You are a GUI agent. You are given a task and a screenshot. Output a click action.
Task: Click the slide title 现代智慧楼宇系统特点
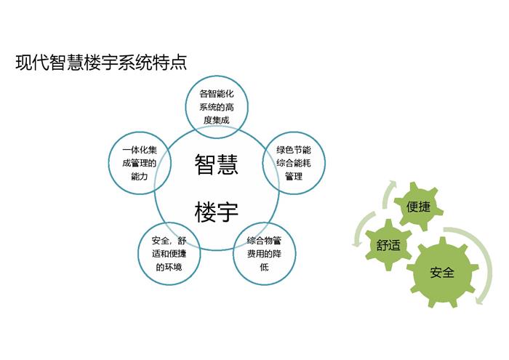pos(101,63)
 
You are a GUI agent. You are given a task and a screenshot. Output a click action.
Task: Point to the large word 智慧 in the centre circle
pos(217,164)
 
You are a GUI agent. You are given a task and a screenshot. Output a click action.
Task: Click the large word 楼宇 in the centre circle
pos(217,212)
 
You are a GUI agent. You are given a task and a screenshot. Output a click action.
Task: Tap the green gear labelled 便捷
pos(418,207)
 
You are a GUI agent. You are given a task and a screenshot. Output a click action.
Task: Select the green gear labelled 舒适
pos(388,245)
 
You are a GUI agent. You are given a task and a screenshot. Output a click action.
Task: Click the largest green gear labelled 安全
pos(442,272)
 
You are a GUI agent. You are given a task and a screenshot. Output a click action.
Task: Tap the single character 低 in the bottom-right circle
pos(264,267)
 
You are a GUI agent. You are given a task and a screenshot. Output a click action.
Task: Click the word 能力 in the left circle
pos(140,176)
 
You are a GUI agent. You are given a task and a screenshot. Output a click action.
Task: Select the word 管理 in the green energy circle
pos(294,176)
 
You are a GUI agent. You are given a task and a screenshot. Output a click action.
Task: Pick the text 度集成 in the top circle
pos(217,120)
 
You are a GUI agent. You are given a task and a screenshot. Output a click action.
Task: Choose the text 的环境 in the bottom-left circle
pos(169,267)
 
